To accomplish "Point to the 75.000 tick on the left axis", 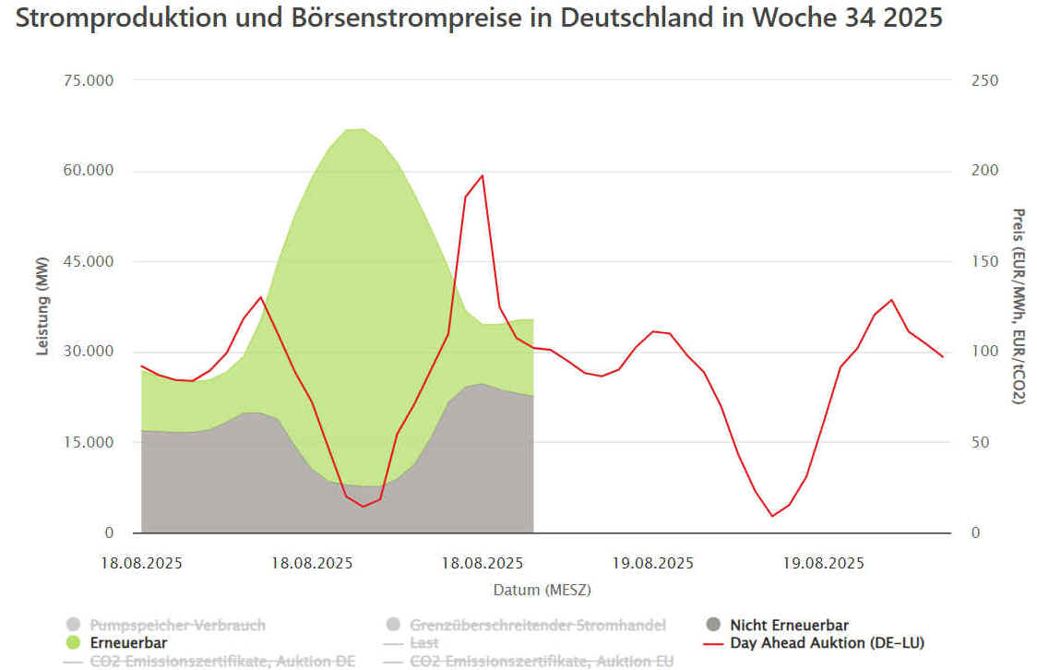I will pyautogui.click(x=87, y=80).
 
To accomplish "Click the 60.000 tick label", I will pyautogui.click(x=87, y=171).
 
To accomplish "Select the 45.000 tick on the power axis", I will pyautogui.click(x=87, y=261).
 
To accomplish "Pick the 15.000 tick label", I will pyautogui.click(x=87, y=442).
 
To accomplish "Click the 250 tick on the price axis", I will pyautogui.click(x=985, y=80).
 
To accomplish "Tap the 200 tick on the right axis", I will pyautogui.click(x=985, y=171).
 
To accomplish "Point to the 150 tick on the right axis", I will pyautogui.click(x=985, y=261).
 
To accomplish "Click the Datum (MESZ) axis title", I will pyautogui.click(x=542, y=589).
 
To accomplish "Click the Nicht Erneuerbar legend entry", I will pyautogui.click(x=789, y=625).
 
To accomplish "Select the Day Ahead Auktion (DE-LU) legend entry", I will pyautogui.click(x=827, y=642).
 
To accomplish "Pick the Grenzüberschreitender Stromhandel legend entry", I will pyautogui.click(x=538, y=625).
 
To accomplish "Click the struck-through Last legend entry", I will pyautogui.click(x=424, y=642).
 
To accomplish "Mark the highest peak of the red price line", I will pyautogui.click(x=482, y=175).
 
